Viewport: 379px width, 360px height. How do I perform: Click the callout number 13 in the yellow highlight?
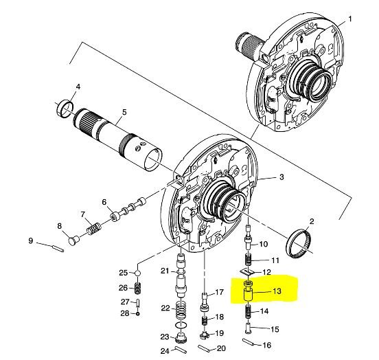pyautogui.click(x=277, y=291)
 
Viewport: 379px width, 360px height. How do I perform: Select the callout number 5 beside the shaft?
pyautogui.click(x=124, y=112)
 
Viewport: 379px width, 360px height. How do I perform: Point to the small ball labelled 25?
pyautogui.click(x=137, y=273)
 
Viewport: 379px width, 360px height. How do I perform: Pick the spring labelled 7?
pyautogui.click(x=93, y=228)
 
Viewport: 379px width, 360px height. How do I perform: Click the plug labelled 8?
pyautogui.click(x=73, y=240)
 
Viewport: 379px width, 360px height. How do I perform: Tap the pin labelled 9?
pyautogui.click(x=58, y=249)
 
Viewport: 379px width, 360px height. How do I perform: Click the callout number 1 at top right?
pyautogui.click(x=350, y=19)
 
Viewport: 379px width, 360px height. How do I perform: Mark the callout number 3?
pyautogui.click(x=282, y=177)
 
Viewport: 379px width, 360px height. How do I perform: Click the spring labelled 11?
pyautogui.click(x=249, y=260)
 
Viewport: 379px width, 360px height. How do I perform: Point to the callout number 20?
pyautogui.click(x=221, y=348)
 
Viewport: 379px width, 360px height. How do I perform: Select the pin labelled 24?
pyautogui.click(x=181, y=350)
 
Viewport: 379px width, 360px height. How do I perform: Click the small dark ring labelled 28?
pyautogui.click(x=138, y=314)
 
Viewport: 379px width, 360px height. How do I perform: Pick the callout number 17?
pyautogui.click(x=219, y=292)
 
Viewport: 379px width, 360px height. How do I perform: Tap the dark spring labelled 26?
pyautogui.click(x=137, y=289)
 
